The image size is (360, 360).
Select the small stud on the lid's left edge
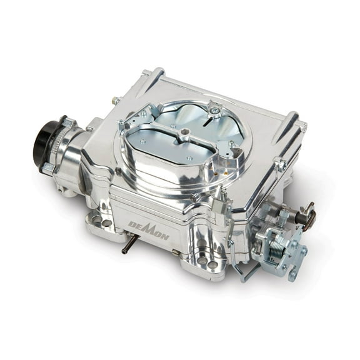116,100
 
